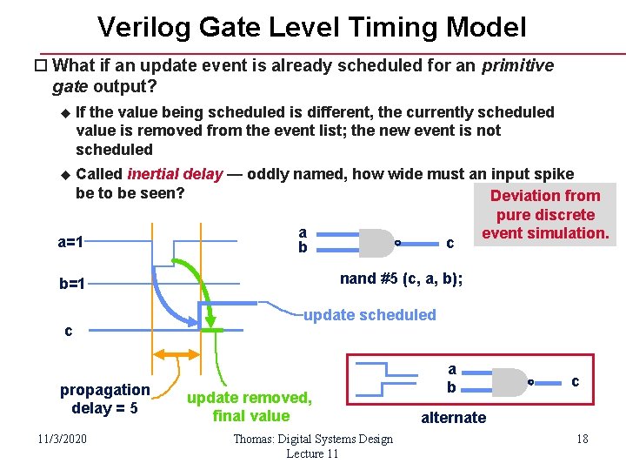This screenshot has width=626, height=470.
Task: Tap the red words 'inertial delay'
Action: point(175,174)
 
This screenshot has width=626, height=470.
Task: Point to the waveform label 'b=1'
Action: point(77,283)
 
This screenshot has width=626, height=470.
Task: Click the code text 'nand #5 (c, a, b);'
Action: point(401,279)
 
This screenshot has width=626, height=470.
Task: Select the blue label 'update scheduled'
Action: point(370,315)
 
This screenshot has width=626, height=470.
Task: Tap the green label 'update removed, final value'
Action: point(250,406)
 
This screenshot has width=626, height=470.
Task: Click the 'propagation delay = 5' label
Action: point(104,399)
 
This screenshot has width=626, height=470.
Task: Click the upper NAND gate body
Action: point(376,243)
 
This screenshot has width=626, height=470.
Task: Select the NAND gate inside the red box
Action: point(511,381)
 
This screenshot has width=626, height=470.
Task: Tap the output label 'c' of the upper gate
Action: point(450,243)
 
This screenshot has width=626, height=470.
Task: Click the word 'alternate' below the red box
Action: point(453,418)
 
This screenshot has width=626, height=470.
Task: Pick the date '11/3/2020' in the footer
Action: point(62,439)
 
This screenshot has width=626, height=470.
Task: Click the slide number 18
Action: point(582,439)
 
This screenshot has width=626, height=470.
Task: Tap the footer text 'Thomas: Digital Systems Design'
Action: point(312,439)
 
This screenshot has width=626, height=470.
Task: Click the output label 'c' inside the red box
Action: point(575,381)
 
